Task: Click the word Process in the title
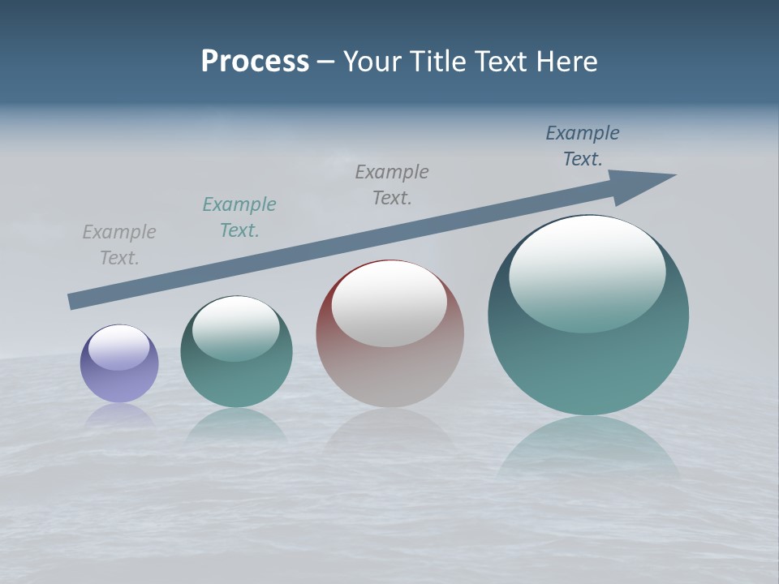(255, 62)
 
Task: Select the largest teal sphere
(588, 357)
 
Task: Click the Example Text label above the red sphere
(392, 184)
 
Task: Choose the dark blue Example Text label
(583, 146)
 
